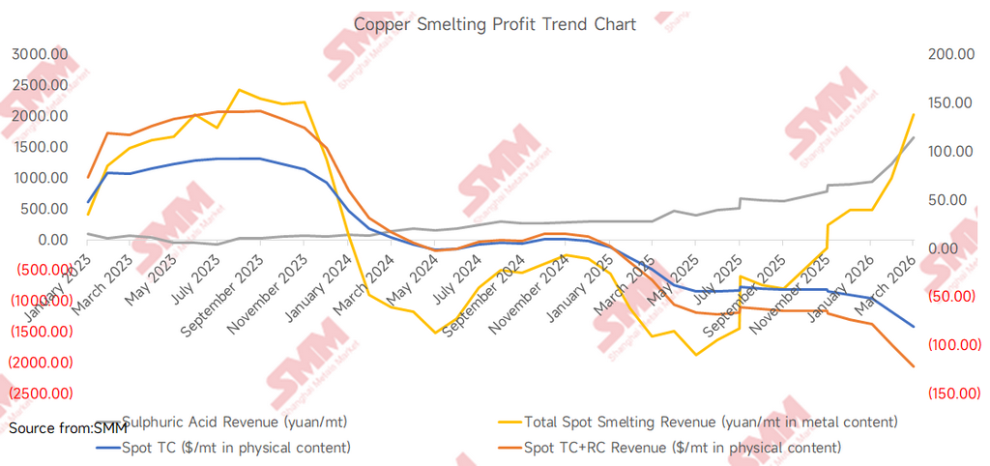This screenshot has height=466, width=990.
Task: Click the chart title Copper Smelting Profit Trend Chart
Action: pos(495,24)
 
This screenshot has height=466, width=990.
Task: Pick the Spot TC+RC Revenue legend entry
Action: pos(682,447)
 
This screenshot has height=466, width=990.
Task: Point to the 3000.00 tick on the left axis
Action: pos(40,54)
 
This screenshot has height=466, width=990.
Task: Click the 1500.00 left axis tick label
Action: pos(40,147)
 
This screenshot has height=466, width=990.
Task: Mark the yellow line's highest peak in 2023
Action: pos(239,90)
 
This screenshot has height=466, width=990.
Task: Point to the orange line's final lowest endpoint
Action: pos(914,366)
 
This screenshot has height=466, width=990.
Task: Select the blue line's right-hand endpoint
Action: pos(914,327)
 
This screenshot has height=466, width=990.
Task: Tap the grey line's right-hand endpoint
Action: pos(914,137)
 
